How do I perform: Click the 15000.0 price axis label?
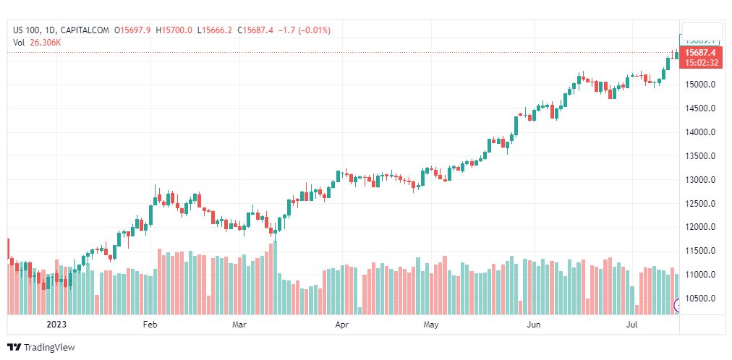pos(700,85)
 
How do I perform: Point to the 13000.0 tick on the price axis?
pos(700,180)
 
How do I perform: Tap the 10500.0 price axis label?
pos(700,299)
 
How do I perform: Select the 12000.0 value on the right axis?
pos(700,228)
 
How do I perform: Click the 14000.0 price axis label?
pos(700,132)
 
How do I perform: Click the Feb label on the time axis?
pos(150,325)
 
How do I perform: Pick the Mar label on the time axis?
pos(239,325)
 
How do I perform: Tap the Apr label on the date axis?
pos(342,325)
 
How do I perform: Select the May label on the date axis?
pos(431,325)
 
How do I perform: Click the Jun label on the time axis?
pos(534,325)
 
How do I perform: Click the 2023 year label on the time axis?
pos(56,325)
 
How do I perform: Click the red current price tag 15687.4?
pos(700,53)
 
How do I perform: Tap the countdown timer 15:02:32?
pos(702,63)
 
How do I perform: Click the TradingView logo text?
pos(49,348)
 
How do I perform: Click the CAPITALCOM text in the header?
pos(85,30)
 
